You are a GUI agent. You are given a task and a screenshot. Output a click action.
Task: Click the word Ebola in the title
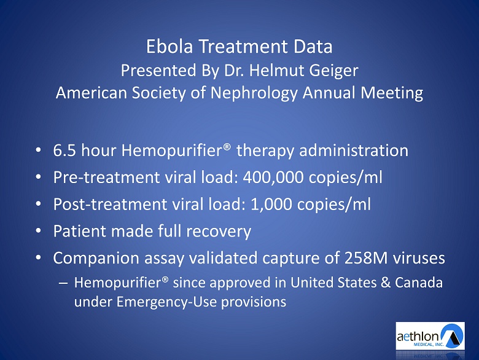(169, 47)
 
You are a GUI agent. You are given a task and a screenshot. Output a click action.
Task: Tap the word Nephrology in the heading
(254, 93)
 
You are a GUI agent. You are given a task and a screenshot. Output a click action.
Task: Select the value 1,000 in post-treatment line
(271, 204)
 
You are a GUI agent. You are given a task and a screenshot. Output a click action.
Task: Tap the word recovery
(219, 232)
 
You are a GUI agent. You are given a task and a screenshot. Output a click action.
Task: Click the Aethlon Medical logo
(430, 335)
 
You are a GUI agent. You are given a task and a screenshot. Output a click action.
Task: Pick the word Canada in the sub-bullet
(419, 283)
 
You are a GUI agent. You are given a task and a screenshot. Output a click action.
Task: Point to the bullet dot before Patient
(38, 231)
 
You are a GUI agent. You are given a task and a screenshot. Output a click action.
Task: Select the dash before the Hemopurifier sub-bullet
(63, 283)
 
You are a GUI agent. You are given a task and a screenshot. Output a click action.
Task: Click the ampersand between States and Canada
(386, 283)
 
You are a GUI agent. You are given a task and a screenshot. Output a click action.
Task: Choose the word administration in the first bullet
(354, 151)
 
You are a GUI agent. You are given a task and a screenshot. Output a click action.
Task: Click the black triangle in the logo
(453, 337)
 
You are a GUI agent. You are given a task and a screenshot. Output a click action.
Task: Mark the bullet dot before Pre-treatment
(38, 178)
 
